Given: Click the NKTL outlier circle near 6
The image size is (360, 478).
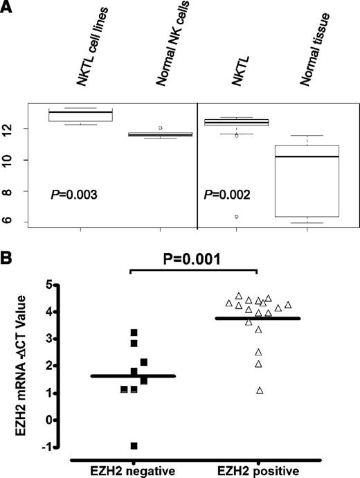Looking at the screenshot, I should coord(237,217).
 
